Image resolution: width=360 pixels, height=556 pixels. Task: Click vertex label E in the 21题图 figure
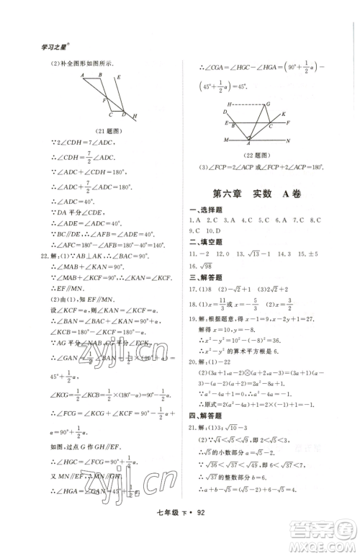click(x=118, y=76)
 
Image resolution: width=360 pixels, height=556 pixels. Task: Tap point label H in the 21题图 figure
click(x=137, y=116)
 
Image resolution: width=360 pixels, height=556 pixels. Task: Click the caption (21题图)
click(x=105, y=130)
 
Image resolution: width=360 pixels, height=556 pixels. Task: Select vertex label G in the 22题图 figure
click(x=268, y=103)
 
